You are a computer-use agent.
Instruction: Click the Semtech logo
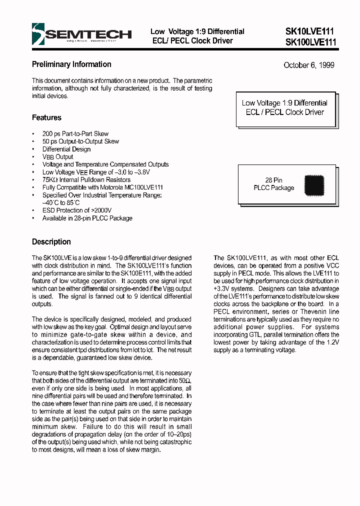(81, 34)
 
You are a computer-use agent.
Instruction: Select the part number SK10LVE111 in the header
(310, 31)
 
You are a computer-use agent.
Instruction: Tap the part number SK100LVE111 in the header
(311, 42)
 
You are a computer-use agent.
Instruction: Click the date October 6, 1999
(308, 65)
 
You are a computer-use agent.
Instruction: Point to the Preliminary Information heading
(71, 64)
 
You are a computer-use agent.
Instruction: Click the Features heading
(46, 117)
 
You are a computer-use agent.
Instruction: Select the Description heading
(51, 242)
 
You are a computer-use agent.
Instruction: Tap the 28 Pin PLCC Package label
(274, 184)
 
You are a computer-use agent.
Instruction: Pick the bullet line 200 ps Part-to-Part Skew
(75, 134)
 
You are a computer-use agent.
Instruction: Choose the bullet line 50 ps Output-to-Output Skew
(80, 141)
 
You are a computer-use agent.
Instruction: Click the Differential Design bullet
(66, 149)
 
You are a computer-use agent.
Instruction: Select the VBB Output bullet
(57, 157)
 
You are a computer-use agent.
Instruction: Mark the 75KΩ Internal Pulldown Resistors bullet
(86, 180)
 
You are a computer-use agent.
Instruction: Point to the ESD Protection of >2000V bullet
(77, 210)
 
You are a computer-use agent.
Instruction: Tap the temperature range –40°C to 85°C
(61, 203)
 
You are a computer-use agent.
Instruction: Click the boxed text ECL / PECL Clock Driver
(285, 112)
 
